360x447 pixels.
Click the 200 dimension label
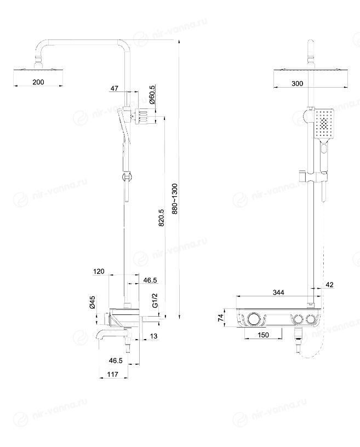[38, 82]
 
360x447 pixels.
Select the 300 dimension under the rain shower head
[297, 83]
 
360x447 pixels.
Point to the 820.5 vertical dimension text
[161, 218]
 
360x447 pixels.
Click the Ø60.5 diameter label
[152, 95]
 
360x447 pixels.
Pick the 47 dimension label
[114, 88]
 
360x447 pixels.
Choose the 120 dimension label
[99, 271]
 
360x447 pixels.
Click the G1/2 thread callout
[155, 300]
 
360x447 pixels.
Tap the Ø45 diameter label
[92, 302]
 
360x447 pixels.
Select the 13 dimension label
[153, 336]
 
